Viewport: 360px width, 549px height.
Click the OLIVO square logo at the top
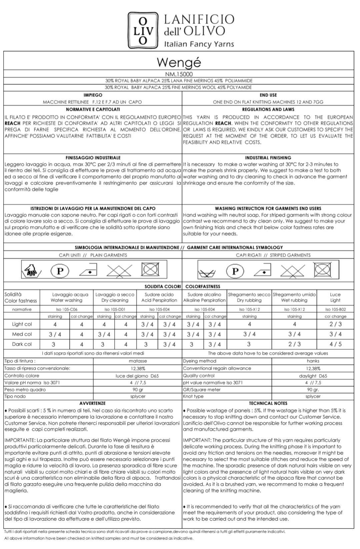143,30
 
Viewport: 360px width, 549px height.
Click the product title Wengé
179,62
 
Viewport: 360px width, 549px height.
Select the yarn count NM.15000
179,74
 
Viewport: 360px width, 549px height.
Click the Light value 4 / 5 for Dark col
335,344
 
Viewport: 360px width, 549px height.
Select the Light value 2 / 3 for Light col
335,324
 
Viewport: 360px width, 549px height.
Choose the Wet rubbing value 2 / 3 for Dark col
294,344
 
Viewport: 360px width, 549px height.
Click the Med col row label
22,334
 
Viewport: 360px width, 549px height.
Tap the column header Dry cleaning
115,300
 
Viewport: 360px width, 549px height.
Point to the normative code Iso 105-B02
335,309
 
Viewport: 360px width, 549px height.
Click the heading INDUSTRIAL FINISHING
268,158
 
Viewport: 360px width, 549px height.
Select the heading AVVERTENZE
93,403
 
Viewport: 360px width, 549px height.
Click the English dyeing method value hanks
313,361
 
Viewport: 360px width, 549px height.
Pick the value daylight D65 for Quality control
313,376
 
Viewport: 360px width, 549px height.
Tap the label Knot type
193,396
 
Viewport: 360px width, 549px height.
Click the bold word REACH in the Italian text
13,123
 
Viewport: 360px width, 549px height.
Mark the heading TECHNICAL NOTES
268,403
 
